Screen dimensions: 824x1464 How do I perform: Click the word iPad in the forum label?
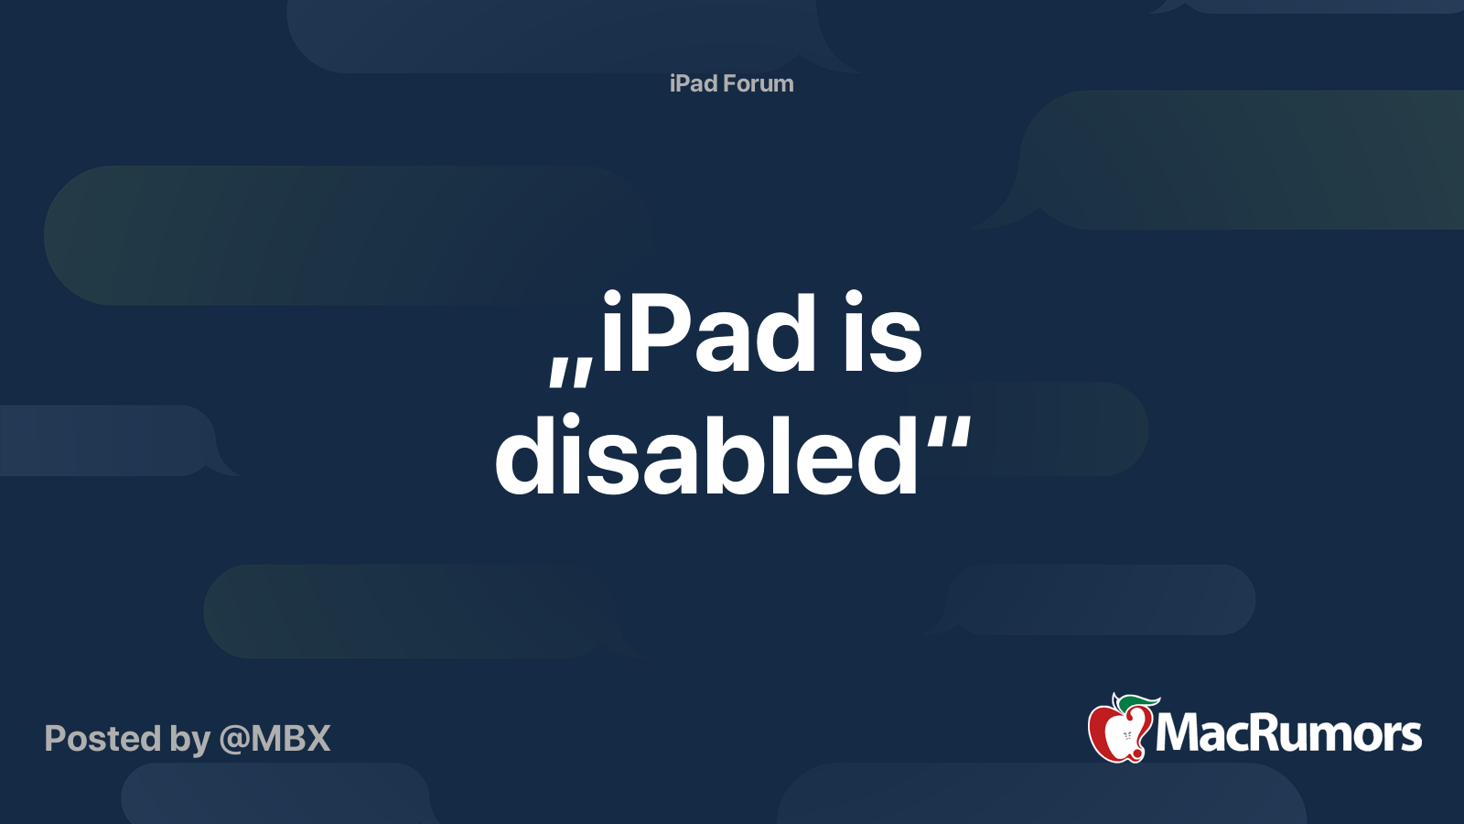point(693,83)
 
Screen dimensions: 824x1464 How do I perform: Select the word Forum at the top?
point(758,83)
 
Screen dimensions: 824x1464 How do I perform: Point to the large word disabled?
point(706,456)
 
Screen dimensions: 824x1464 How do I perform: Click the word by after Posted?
point(190,740)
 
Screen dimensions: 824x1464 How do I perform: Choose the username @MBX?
point(275,738)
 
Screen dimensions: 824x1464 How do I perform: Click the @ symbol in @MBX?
point(234,739)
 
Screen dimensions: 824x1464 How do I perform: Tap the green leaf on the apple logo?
point(1137,702)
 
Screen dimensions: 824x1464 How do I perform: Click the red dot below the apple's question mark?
point(1136,754)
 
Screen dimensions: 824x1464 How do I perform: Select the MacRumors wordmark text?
point(1288,732)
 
